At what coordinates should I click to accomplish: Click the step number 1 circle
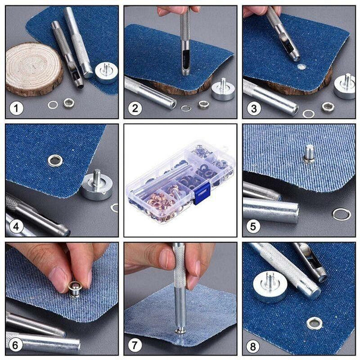(16, 108)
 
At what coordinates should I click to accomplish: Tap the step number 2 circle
(135, 108)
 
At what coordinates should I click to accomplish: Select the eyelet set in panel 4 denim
(55, 160)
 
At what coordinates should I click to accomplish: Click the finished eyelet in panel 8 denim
(314, 323)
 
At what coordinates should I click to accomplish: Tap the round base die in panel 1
(106, 71)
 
